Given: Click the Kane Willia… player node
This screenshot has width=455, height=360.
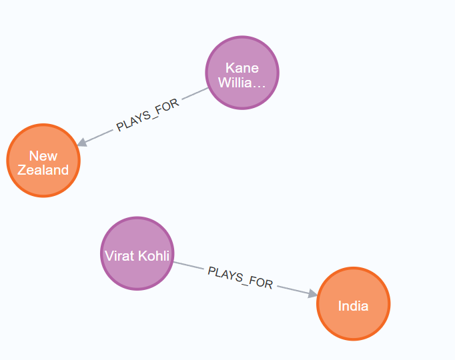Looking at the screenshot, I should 242,73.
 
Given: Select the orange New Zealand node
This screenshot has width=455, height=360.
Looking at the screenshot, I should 43,161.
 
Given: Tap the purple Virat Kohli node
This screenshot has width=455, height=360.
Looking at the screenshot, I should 137,253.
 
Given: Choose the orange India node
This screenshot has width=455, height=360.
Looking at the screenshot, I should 353,304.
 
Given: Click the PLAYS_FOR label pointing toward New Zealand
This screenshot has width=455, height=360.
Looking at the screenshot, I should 147,117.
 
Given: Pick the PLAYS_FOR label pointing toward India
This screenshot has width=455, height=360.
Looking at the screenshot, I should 240,277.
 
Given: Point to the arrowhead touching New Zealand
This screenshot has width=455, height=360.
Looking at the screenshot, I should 81,143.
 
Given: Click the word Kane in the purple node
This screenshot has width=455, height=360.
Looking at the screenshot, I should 242,68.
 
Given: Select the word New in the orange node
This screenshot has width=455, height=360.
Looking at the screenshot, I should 43,156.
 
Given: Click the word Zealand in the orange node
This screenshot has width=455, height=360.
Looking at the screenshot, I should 43,170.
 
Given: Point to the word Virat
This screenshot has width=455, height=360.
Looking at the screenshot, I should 119,256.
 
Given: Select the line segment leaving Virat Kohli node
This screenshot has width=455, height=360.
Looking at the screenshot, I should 188,265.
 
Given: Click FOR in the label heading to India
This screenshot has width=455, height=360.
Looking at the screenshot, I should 262,283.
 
